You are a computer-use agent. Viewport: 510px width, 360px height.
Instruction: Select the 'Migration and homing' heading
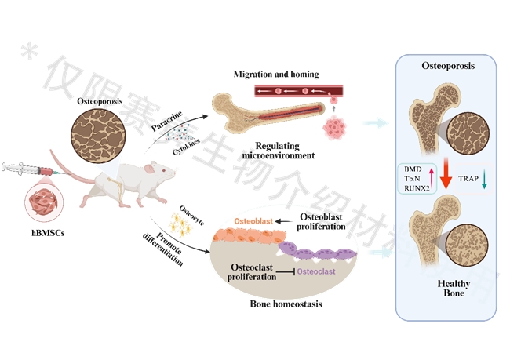click(276, 75)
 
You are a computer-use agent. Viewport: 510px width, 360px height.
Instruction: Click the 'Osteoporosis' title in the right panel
click(447, 67)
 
